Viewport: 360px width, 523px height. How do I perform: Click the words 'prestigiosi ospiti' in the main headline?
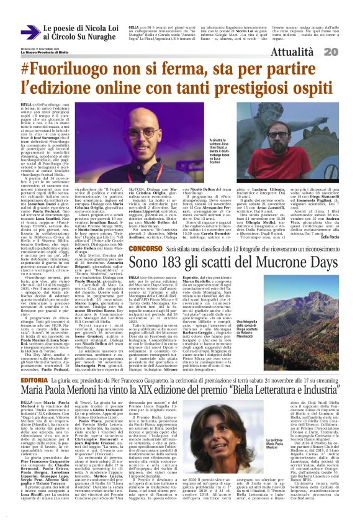coord(268,94)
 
